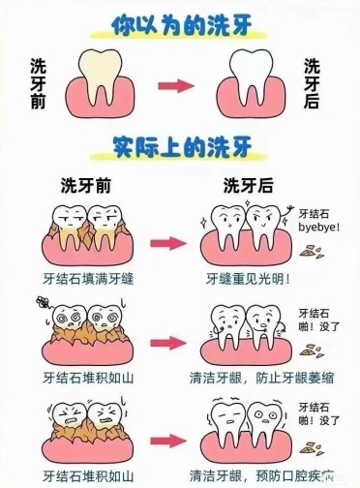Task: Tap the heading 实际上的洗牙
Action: pyautogui.click(x=181, y=147)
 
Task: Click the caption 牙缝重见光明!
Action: pyautogui.click(x=248, y=278)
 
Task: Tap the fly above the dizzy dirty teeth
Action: pyautogui.click(x=41, y=301)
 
